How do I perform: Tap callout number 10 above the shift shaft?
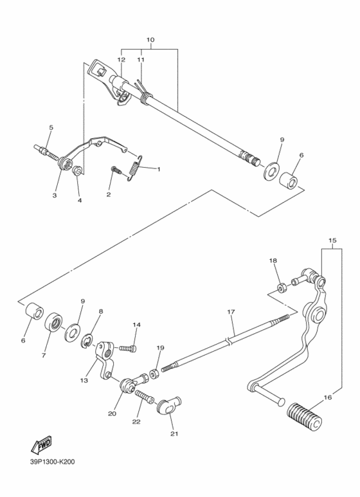150,40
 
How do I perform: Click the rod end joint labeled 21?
168,405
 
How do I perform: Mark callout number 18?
273,260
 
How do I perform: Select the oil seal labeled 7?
53,324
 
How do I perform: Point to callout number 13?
84,381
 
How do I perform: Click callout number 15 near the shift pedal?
332,241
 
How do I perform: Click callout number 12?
121,59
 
